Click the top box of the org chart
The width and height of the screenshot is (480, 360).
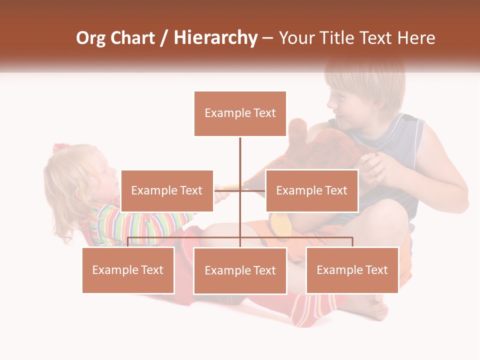[x=240, y=113]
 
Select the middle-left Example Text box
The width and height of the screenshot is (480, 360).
[x=167, y=190]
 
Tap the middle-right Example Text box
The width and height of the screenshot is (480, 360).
[x=311, y=190]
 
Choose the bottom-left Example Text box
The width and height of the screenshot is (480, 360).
[x=128, y=270]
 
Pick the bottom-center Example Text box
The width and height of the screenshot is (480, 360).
[x=240, y=270]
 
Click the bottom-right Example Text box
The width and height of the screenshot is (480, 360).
[x=352, y=270]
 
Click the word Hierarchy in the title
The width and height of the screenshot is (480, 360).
[x=215, y=38]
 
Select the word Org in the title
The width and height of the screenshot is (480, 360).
[x=90, y=38]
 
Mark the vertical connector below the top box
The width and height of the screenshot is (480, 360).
[x=240, y=160]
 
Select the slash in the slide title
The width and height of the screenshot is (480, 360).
[x=164, y=38]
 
